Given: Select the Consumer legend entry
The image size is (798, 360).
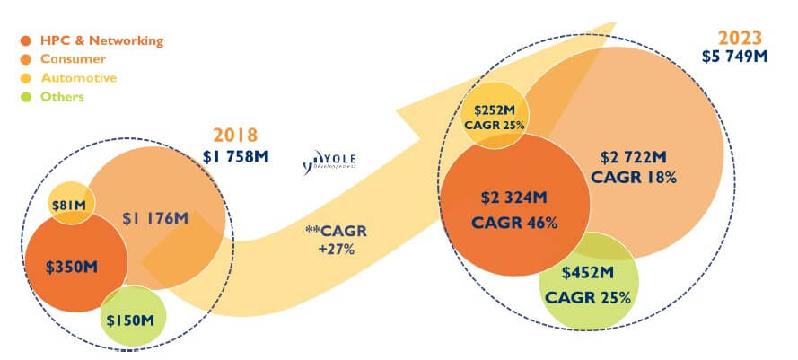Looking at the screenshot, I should tap(76, 58).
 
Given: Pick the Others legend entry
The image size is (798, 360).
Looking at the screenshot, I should tap(64, 96).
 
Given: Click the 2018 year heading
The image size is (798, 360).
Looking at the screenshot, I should tap(236, 136).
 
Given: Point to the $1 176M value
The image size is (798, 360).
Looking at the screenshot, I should tap(155, 218).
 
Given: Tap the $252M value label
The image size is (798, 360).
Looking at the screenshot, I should tap(494, 109).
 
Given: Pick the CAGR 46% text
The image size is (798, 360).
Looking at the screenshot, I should tap(515, 222).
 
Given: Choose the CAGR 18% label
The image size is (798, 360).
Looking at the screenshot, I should tap(634, 177).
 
